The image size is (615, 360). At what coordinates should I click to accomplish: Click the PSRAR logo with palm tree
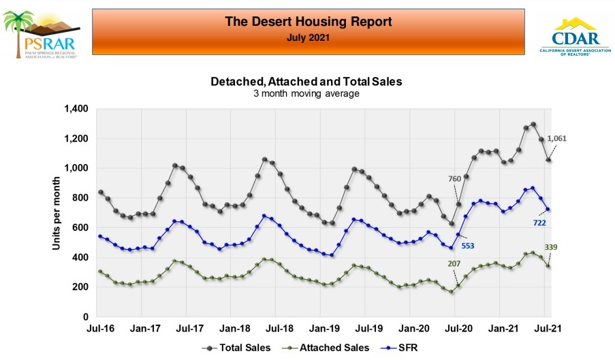tap(42, 34)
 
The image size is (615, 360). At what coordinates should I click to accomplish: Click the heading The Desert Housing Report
tap(308, 22)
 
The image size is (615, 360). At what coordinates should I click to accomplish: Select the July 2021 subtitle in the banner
tap(308, 38)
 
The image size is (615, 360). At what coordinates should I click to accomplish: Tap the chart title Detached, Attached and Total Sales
tap(306, 81)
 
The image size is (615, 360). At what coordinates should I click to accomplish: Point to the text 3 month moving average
tap(306, 93)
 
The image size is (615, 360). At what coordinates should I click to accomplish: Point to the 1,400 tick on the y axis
tap(76, 109)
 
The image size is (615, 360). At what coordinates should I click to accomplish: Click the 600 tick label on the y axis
tap(81, 228)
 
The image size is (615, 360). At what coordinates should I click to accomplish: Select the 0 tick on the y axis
tap(86, 317)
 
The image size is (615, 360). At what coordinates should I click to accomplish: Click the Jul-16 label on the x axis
tap(101, 329)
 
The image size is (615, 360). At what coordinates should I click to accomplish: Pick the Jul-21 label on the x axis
tap(546, 329)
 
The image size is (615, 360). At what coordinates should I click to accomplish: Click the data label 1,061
tap(556, 138)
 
